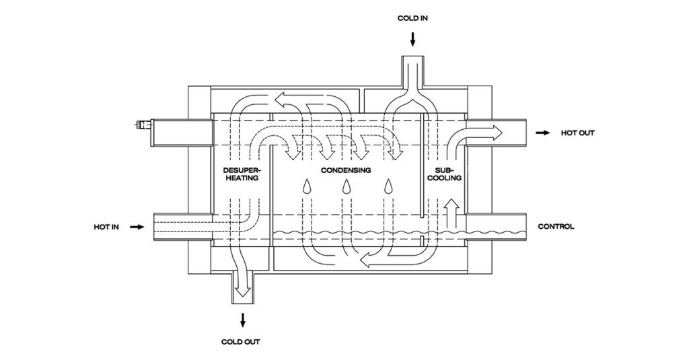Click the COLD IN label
click(412, 18)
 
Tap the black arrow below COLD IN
click(412, 40)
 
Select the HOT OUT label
click(577, 133)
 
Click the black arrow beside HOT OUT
click(542, 133)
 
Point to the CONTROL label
click(556, 227)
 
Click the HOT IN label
click(106, 227)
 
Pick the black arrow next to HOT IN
click(137, 227)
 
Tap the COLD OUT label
click(241, 342)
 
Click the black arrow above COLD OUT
click(241, 318)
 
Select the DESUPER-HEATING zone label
click(240, 174)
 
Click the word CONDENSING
click(346, 170)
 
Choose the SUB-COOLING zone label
click(444, 174)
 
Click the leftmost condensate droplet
click(307, 187)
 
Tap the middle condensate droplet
click(347, 187)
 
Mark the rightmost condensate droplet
click(388, 187)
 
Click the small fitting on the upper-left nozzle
click(143, 124)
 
